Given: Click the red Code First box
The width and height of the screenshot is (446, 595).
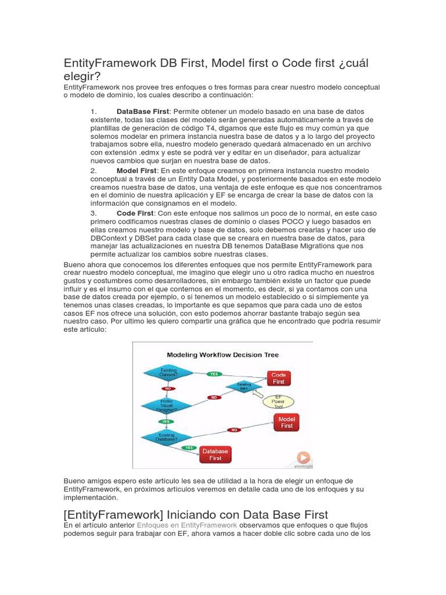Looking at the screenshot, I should (x=278, y=378).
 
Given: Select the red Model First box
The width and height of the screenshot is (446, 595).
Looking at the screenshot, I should (x=286, y=422).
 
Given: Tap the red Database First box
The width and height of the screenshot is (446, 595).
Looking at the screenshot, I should (x=215, y=454).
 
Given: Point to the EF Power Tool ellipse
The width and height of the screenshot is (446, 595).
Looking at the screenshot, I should (x=278, y=402).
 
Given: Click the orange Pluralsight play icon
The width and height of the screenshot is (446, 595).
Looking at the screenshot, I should (x=303, y=457).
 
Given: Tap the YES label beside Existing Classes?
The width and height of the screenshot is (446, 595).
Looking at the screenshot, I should (x=214, y=374).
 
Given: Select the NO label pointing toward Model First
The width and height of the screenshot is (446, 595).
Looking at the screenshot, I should (x=234, y=430).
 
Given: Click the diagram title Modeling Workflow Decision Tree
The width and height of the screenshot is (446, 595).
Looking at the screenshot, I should (x=222, y=354).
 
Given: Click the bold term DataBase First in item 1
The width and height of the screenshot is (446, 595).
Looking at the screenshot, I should (x=142, y=111).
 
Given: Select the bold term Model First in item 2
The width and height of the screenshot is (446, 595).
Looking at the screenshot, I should (x=136, y=171).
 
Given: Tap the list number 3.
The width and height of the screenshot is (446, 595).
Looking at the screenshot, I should (x=93, y=214).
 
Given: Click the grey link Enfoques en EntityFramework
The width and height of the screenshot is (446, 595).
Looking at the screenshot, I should (x=187, y=525).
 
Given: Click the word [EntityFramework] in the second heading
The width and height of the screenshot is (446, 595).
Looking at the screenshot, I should (x=113, y=514).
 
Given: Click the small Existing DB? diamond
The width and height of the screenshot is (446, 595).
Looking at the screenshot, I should (x=244, y=386).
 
